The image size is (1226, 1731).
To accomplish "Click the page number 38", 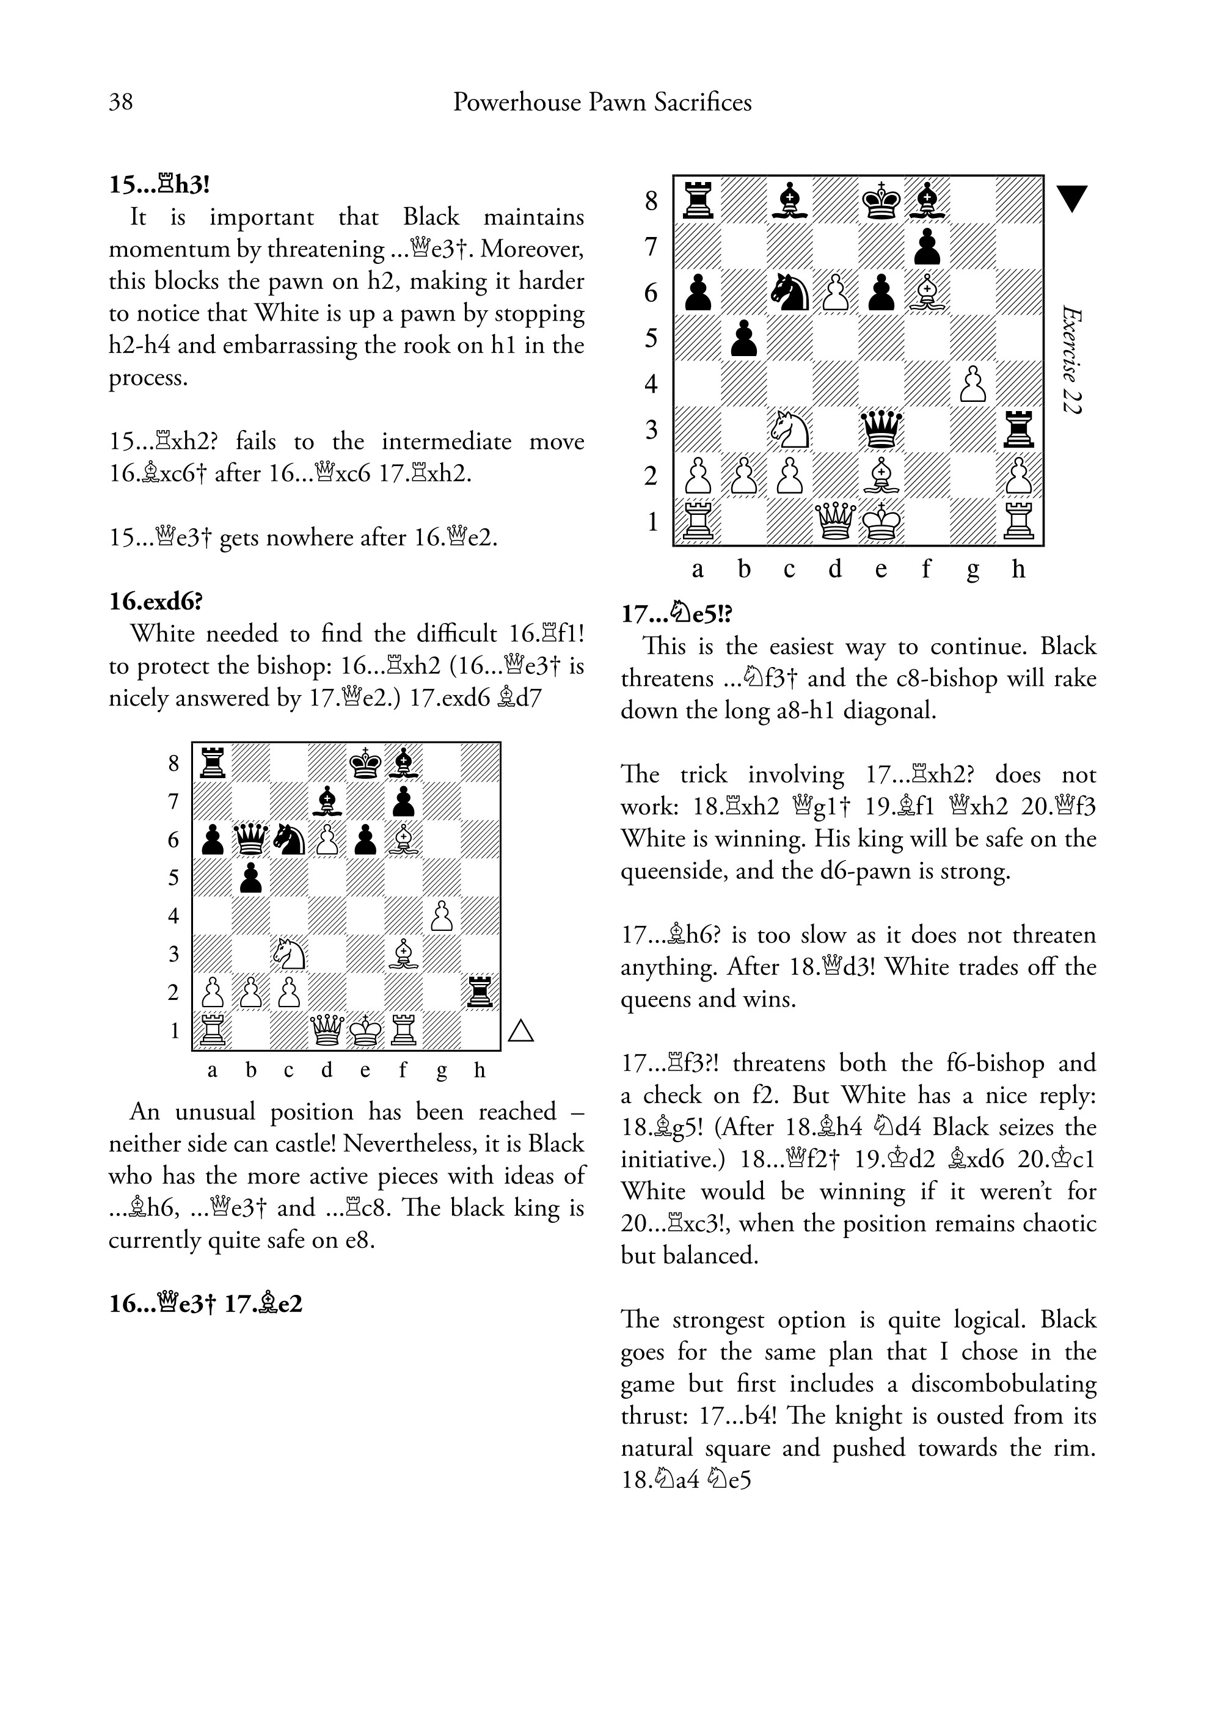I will coord(121,102).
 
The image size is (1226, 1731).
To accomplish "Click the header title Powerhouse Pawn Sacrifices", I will coord(602,102).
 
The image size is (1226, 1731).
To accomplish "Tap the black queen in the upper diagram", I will coord(881,429).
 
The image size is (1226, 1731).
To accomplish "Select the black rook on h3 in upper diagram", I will coord(1019,429).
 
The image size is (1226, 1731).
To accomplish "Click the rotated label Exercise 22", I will coord(1070,359).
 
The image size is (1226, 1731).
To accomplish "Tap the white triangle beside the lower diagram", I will coord(521,1030).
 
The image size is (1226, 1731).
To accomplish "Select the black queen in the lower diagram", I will coord(250,839).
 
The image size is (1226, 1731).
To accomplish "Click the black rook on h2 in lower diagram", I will coord(480,992).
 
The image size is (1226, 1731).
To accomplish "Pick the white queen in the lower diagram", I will coord(327,1030).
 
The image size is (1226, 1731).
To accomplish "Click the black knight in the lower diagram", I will coord(289,839).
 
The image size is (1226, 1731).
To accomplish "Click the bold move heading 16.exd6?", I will coord(156,602).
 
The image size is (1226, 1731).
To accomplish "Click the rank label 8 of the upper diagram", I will coord(652,201).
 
